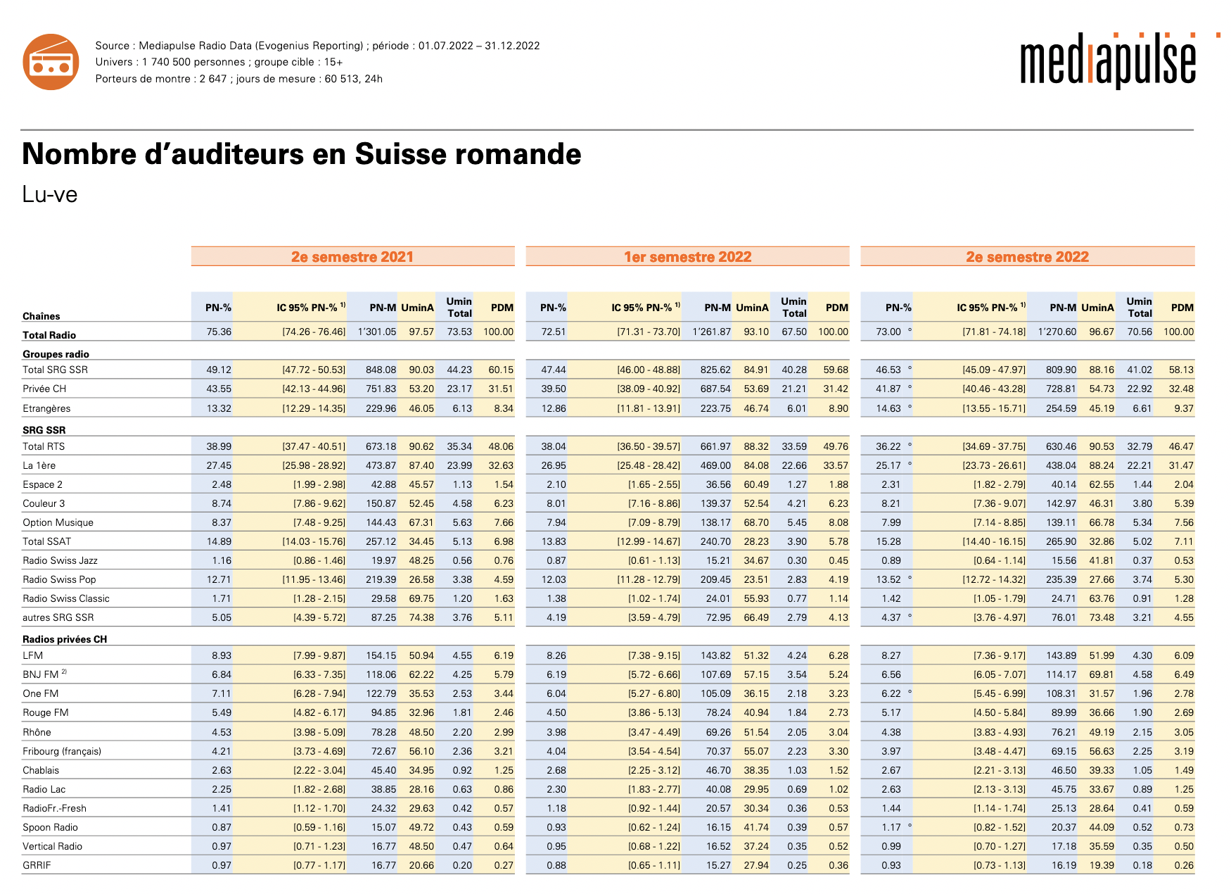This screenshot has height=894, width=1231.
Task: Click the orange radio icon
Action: (51, 62)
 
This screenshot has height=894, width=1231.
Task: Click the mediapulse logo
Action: (1108, 62)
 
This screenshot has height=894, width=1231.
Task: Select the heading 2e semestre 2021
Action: (352, 257)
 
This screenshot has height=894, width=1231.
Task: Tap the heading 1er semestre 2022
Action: (687, 257)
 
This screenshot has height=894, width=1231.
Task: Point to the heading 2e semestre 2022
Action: (1027, 257)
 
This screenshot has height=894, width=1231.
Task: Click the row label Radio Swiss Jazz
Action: (60, 560)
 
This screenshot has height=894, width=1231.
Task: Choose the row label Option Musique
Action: (58, 522)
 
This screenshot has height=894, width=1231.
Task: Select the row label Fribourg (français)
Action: (62, 751)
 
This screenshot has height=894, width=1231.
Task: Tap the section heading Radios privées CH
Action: (65, 639)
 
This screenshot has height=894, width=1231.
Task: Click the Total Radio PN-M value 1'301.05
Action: (377, 332)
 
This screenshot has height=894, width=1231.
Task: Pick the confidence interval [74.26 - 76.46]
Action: (314, 332)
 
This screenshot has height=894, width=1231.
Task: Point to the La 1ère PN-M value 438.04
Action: (1061, 465)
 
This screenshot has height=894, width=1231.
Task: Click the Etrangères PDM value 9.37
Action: (1183, 408)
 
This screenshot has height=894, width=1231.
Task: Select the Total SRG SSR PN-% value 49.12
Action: (219, 370)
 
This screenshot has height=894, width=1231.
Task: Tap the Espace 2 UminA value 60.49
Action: (756, 484)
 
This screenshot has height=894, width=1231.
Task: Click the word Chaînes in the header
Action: (41, 316)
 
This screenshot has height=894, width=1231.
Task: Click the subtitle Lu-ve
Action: (49, 194)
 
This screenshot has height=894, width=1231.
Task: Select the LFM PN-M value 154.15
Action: (381, 655)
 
